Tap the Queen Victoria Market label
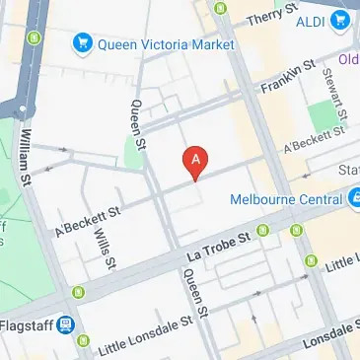(x=163, y=42)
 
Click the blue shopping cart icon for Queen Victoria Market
(x=83, y=42)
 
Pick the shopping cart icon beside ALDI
(x=341, y=19)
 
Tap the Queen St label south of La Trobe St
(x=194, y=296)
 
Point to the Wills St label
(x=105, y=242)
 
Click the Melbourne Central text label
(x=286, y=198)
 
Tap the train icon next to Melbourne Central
(x=354, y=198)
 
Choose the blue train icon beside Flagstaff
(x=65, y=324)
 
